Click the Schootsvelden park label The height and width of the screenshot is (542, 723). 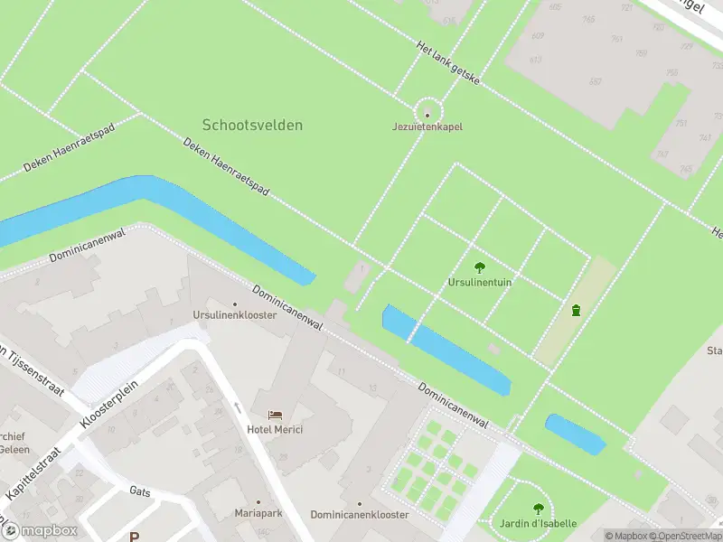pos(252,125)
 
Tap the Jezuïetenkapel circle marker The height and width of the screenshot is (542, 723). pos(427,114)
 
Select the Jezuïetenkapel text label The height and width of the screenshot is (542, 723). pos(427,127)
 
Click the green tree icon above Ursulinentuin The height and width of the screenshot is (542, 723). pos(480,266)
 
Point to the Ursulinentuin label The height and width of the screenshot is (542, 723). pos(480,282)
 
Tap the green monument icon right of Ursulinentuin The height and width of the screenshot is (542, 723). pos(576,311)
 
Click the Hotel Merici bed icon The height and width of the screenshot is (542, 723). pos(276,415)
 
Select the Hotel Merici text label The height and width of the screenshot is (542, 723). pos(276,429)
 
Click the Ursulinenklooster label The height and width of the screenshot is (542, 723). pos(234,315)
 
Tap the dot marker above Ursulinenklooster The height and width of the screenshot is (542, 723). pos(235,304)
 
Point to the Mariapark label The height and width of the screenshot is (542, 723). pos(258,514)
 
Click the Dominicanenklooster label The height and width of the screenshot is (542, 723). pos(360,514)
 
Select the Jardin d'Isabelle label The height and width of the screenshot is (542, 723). pos(539,524)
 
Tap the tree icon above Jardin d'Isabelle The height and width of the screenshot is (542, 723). pos(539,509)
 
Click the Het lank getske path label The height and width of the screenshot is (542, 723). pos(448,63)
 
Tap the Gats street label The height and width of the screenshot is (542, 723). pos(140,491)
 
